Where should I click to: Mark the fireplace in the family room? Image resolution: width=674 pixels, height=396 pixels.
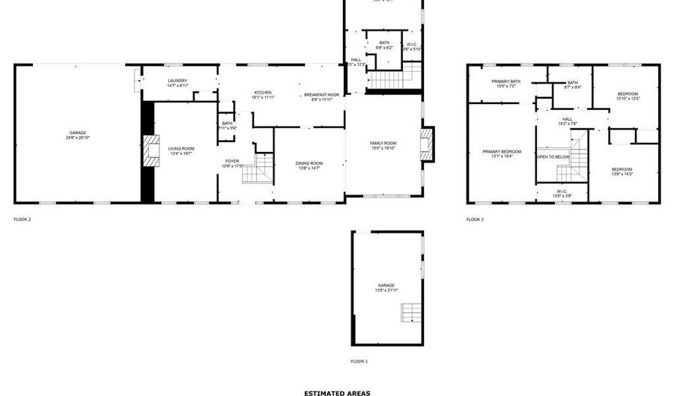coord(426,144)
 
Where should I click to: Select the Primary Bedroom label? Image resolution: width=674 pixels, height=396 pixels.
coord(502,153)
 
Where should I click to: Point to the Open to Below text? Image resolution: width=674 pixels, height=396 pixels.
coord(553,157)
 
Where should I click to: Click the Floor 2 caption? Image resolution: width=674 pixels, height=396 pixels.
coord(22,219)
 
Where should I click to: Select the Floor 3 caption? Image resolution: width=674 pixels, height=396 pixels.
coord(475,219)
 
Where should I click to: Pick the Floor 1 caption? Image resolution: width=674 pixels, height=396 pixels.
coord(359,361)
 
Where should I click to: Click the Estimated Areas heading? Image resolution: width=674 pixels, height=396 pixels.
coord(336,392)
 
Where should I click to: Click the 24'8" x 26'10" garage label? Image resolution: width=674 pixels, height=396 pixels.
coord(77,135)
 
